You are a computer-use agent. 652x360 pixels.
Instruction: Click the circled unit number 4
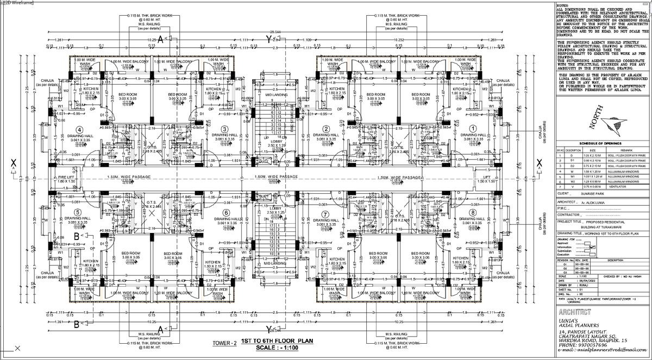(79, 130)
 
